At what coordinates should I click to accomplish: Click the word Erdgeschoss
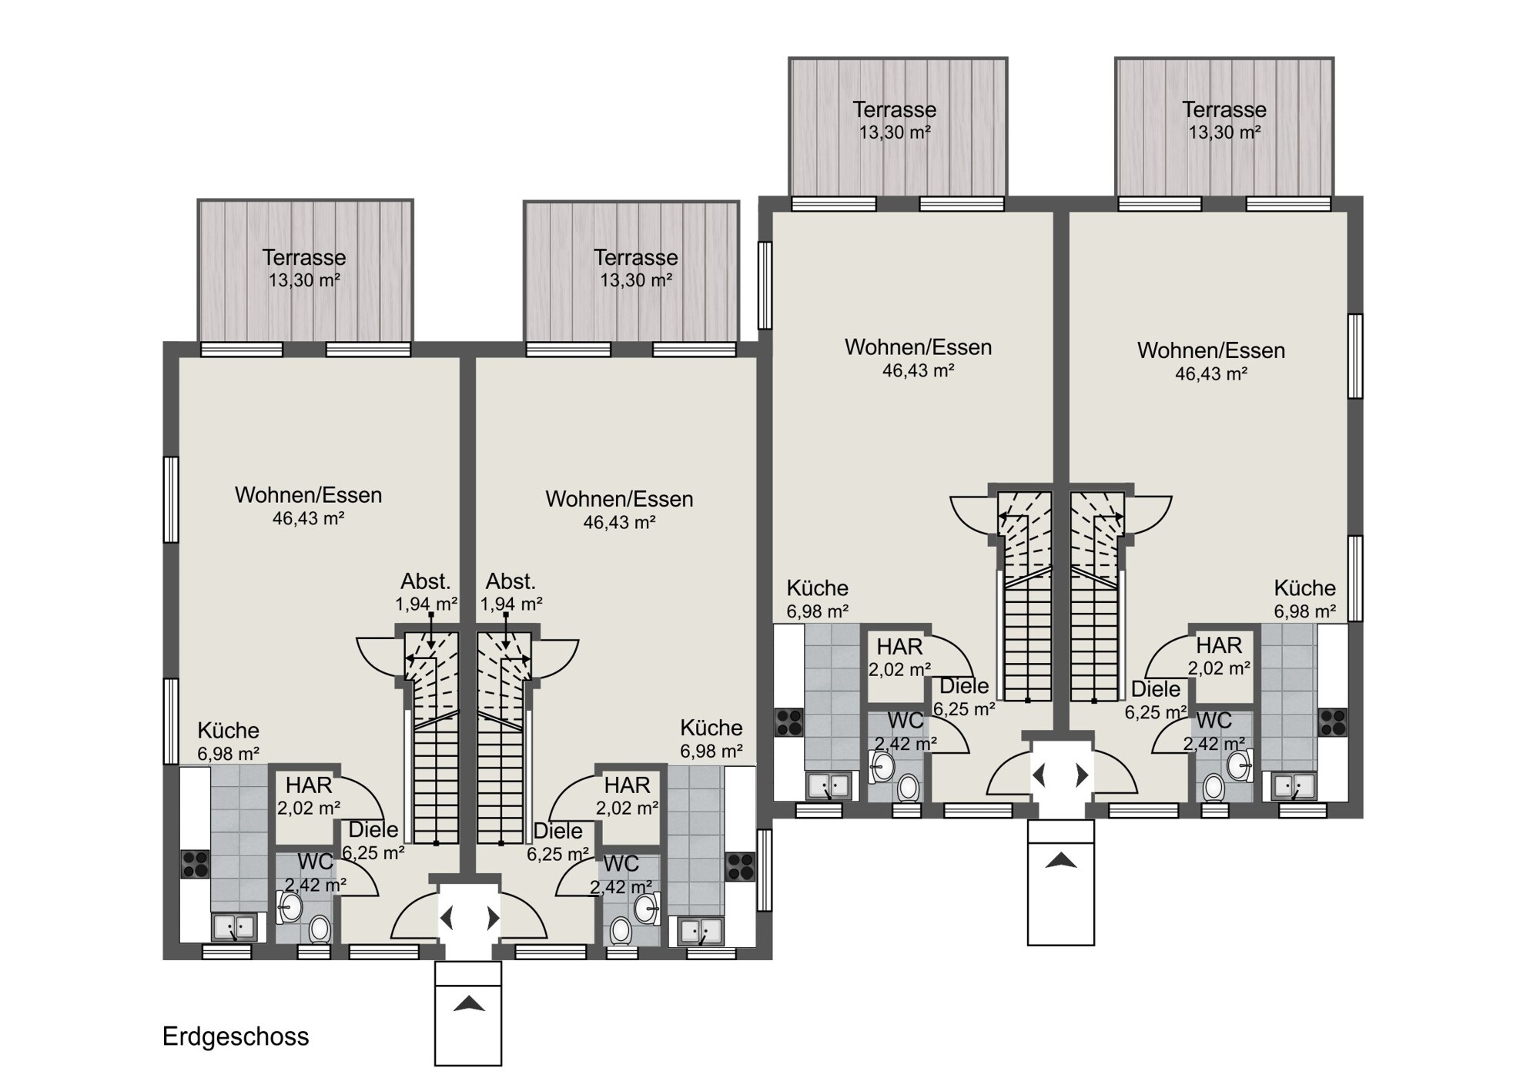(x=236, y=1037)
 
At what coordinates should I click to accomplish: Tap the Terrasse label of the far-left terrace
(x=304, y=257)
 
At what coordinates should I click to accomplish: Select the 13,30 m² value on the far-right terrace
(x=1224, y=132)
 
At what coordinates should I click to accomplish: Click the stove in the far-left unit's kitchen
(x=195, y=864)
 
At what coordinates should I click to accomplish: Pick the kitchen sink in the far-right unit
(x=1294, y=786)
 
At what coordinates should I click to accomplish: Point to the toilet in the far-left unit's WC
(x=319, y=929)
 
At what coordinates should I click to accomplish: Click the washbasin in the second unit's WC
(x=647, y=909)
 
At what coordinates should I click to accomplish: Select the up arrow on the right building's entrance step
(x=1060, y=860)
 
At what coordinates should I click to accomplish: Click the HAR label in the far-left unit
(x=309, y=785)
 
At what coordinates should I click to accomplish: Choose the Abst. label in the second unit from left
(x=511, y=581)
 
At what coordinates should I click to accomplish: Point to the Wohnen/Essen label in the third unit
(x=919, y=347)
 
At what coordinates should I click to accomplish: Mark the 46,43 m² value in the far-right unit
(x=1211, y=374)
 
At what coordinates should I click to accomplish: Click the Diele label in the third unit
(x=965, y=686)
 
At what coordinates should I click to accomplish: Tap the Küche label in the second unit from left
(x=711, y=728)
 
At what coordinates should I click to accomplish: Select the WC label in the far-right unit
(x=1214, y=721)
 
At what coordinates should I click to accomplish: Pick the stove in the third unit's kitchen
(x=789, y=722)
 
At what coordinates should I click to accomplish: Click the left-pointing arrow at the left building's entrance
(x=446, y=918)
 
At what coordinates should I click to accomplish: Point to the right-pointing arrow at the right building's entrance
(x=1083, y=775)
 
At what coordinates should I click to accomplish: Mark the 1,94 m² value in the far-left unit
(x=427, y=604)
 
